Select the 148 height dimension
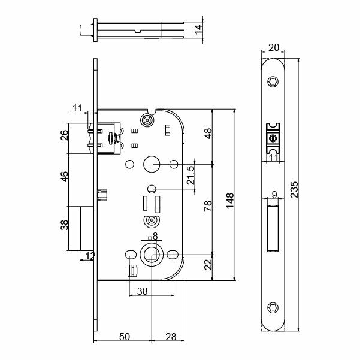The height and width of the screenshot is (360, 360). (230, 198)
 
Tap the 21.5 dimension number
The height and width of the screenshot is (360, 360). (191, 177)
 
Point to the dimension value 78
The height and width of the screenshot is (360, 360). (208, 208)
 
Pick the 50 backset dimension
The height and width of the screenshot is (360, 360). (124, 337)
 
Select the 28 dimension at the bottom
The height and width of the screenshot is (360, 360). (170, 337)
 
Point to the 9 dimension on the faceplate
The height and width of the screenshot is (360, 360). (274, 194)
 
